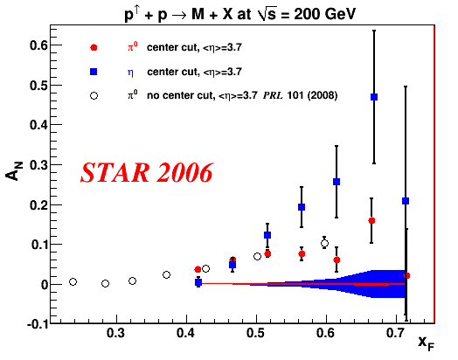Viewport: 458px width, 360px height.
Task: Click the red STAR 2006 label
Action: point(147,172)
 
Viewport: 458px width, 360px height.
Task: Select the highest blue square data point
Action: point(374,97)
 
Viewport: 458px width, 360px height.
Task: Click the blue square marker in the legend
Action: point(94,72)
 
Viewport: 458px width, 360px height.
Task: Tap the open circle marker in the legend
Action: point(94,95)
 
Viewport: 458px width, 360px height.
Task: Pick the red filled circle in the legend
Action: point(94,47)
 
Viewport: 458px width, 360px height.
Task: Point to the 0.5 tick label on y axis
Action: point(38,86)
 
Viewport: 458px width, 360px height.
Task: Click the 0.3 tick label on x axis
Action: point(116,333)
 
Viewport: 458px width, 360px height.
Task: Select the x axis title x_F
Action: point(427,343)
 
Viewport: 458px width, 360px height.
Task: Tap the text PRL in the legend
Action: point(273,95)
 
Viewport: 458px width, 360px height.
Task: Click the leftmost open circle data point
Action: point(73,281)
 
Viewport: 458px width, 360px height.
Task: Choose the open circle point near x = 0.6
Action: point(324,243)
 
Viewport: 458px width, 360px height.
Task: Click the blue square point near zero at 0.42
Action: point(198,282)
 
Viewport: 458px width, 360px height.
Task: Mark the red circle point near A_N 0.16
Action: point(371,221)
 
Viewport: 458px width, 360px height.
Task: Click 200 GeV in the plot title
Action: point(325,14)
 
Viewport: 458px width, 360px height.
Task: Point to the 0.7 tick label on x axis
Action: point(396,333)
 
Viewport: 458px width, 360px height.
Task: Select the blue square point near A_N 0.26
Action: point(337,182)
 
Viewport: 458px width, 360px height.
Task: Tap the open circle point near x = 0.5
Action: point(257,256)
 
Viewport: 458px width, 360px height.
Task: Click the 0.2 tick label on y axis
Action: point(38,204)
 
